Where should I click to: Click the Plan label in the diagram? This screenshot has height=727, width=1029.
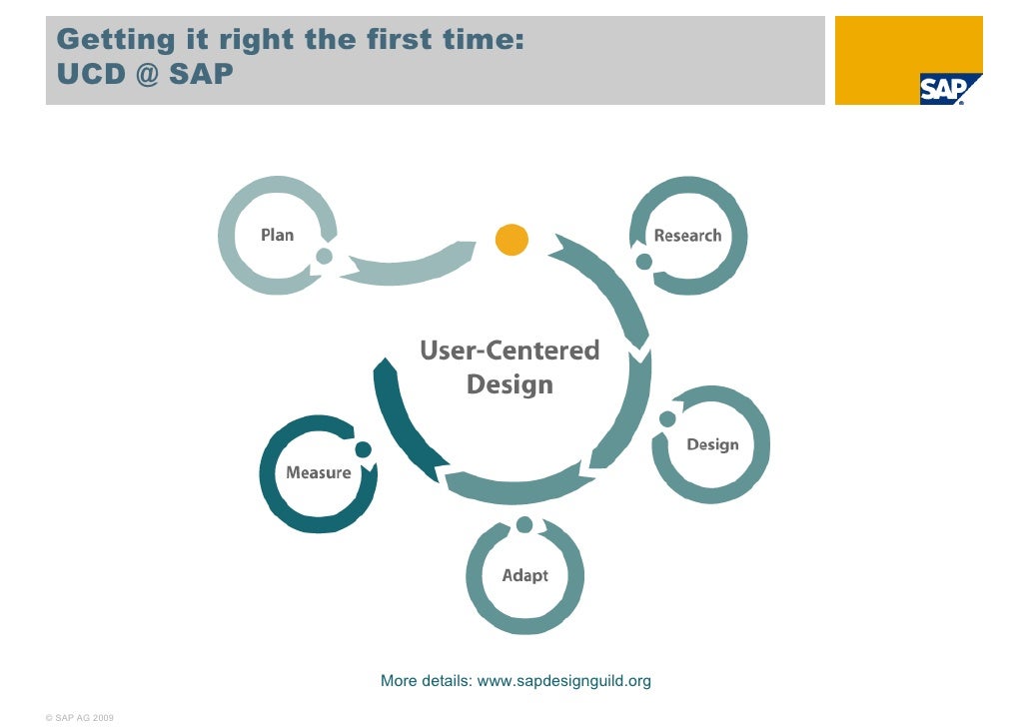(277, 235)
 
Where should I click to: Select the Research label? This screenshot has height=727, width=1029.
(687, 236)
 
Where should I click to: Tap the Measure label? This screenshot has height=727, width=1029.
(319, 472)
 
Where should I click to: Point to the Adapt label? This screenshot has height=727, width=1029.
(524, 575)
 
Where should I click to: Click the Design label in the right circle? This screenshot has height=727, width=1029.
(712, 444)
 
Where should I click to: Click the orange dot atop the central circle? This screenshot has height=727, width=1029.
(512, 240)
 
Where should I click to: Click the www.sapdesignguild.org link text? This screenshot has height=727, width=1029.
(564, 681)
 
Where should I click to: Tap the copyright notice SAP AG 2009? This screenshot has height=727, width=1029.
(80, 717)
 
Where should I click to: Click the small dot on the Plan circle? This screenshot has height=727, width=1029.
(324, 257)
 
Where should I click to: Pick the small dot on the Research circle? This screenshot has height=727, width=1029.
(644, 262)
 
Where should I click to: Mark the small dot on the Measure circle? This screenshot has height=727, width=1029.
(363, 449)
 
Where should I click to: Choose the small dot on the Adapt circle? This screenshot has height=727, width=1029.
(524, 525)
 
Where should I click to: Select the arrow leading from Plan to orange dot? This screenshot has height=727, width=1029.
(410, 266)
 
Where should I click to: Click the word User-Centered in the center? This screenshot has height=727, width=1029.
(510, 351)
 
